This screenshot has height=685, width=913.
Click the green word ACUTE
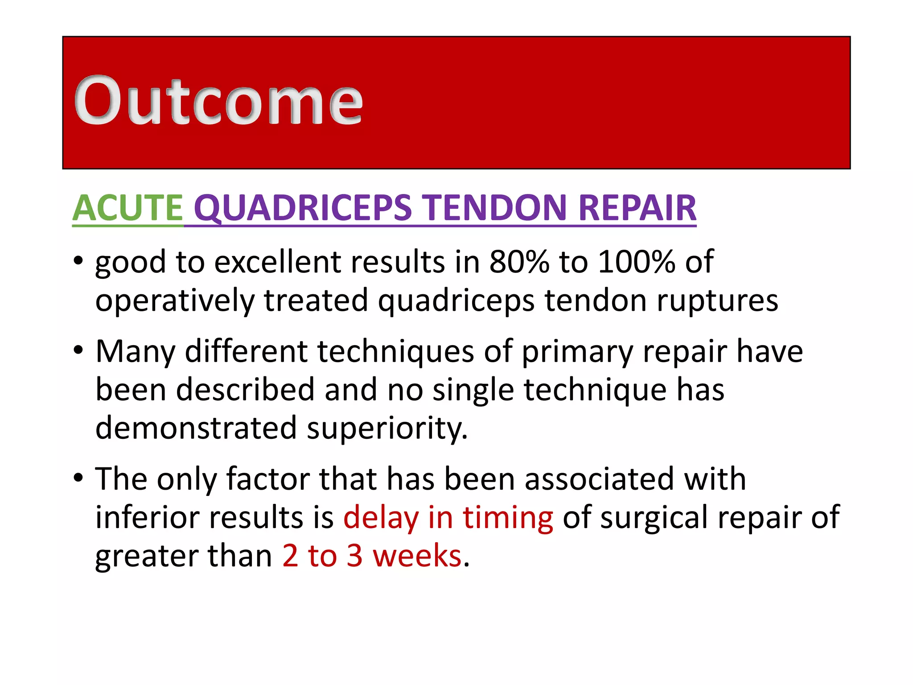[127, 208]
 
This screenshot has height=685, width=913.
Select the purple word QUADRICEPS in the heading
[303, 208]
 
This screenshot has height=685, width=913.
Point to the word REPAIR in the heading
[637, 208]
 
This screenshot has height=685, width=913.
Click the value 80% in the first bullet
[519, 262]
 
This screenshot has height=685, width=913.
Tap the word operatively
[174, 301]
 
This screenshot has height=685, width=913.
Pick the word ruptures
[718, 301]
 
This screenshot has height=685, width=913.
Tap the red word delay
[381, 518]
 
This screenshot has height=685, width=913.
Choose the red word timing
[508, 518]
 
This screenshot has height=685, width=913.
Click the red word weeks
[417, 556]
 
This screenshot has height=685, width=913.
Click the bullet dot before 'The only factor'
[78, 478]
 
